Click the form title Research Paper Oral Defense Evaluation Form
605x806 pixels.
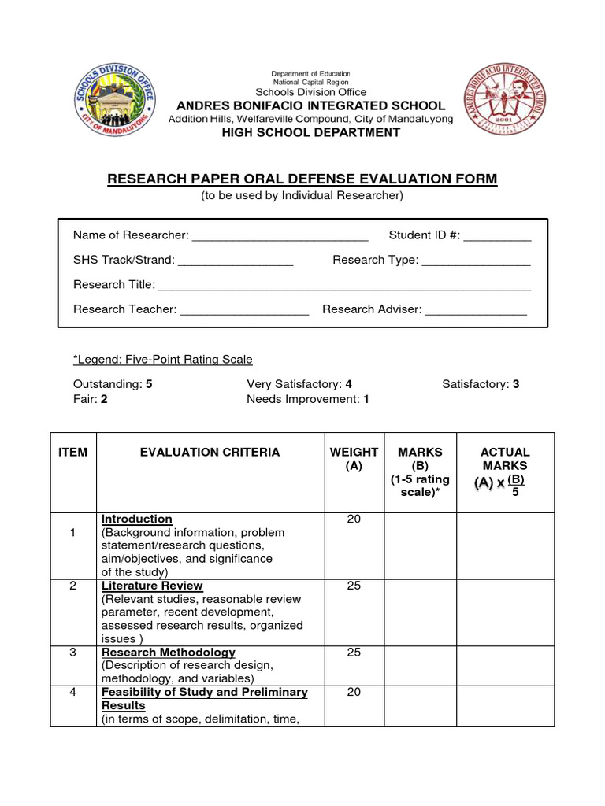[302, 179]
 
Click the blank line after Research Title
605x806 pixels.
[344, 286]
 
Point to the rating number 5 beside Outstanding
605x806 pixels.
[149, 384]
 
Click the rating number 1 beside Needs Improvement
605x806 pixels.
[366, 399]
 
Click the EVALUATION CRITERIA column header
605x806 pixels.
[210, 452]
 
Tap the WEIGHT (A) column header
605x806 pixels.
[354, 459]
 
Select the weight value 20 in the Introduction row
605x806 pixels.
[354, 519]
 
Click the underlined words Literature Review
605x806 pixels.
[152, 586]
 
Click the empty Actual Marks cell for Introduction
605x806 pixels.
[504, 545]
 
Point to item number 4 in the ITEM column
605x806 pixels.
[72, 692]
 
